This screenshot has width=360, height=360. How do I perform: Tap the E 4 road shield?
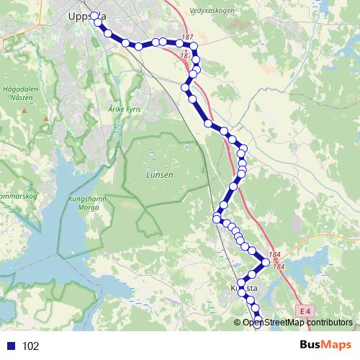[306, 311]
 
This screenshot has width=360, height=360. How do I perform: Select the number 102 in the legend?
[30, 346]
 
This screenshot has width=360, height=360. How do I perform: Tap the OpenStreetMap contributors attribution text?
[297, 323]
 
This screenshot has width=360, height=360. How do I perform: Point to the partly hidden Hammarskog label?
[14, 194]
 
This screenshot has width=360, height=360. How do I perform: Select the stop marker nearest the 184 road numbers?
[266, 263]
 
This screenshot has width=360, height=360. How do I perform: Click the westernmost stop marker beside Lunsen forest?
[216, 218]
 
